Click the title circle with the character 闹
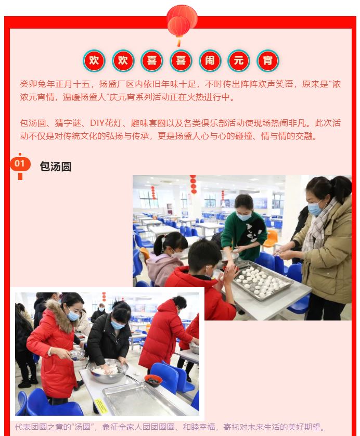point(210,61)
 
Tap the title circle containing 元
point(239,61)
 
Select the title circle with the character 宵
point(268,61)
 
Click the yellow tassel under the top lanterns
point(178,42)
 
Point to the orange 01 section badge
point(20,163)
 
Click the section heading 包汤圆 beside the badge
point(56,166)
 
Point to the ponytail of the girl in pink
point(159,244)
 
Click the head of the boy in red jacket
point(201,257)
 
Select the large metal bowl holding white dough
point(108,370)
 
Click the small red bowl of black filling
point(153,380)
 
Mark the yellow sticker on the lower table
point(100,406)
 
